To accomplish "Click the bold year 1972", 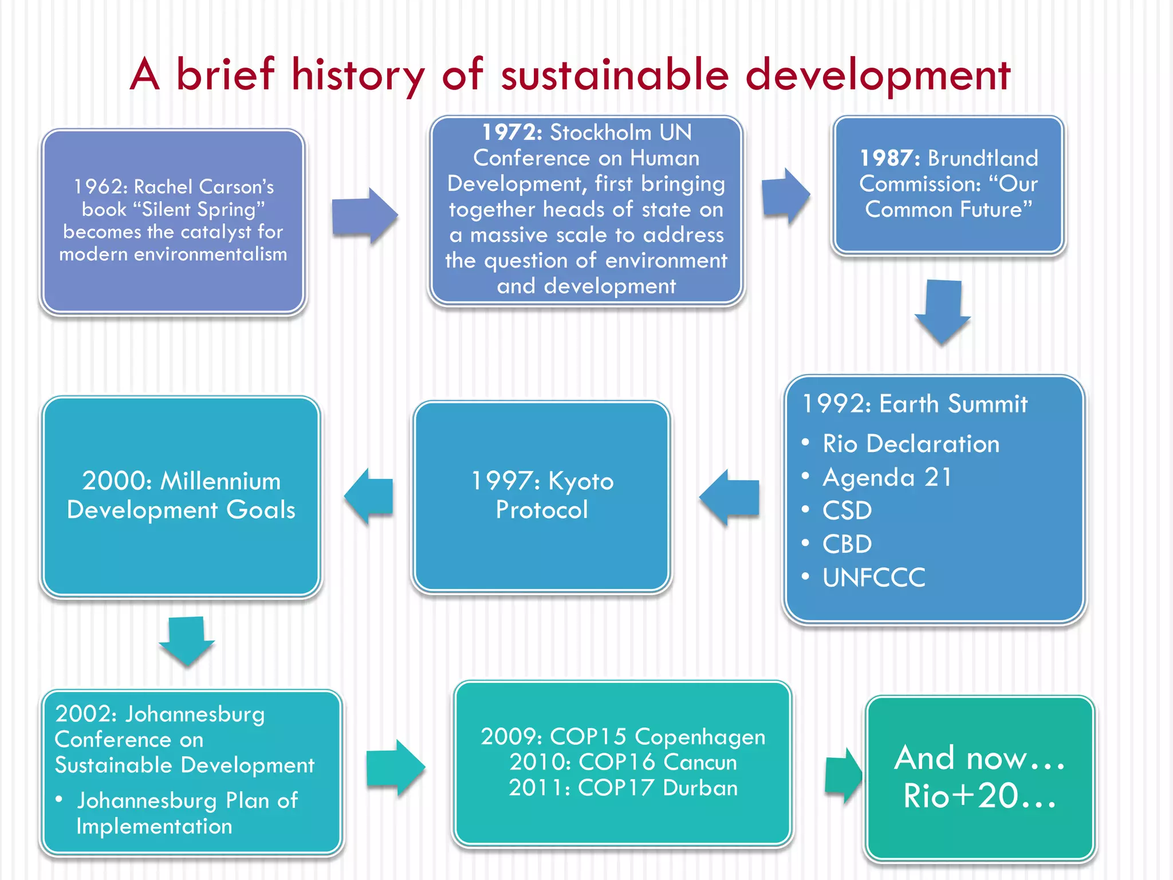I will click(x=511, y=132).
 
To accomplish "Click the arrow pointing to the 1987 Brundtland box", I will click(x=785, y=197).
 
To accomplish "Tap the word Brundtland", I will click(x=983, y=158).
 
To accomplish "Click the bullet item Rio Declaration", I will click(x=911, y=444).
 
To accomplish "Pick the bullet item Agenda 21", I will click(x=887, y=477).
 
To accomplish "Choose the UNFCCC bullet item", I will click(x=873, y=577).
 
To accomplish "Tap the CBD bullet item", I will click(x=847, y=544).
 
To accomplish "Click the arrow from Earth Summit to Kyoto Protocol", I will click(x=730, y=497).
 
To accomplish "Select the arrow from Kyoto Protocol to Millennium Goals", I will click(x=369, y=496).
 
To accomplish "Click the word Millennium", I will click(x=221, y=481).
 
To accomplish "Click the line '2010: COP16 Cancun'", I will click(x=623, y=763).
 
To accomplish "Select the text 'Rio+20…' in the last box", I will click(x=979, y=796).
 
